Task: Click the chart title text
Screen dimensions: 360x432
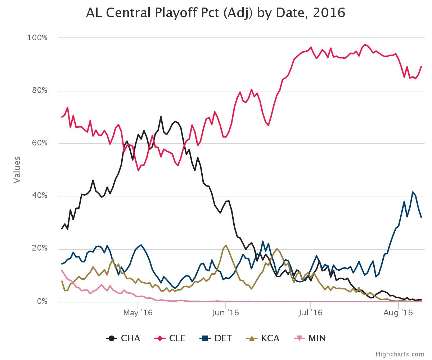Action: click(215, 13)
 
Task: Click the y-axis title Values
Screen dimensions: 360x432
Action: click(17, 170)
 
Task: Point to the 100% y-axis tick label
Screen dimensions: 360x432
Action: click(37, 38)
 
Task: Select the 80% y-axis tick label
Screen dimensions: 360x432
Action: click(39, 90)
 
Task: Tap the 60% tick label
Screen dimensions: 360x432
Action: click(39, 143)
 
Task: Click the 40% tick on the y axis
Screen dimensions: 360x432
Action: click(39, 196)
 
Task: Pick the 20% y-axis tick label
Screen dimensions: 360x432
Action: click(39, 249)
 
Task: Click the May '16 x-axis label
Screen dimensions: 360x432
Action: click(138, 313)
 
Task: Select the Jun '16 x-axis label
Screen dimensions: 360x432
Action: click(225, 313)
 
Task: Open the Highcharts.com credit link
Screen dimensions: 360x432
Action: click(400, 354)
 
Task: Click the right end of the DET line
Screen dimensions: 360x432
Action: click(421, 217)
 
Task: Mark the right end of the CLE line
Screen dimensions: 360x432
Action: click(421, 67)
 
